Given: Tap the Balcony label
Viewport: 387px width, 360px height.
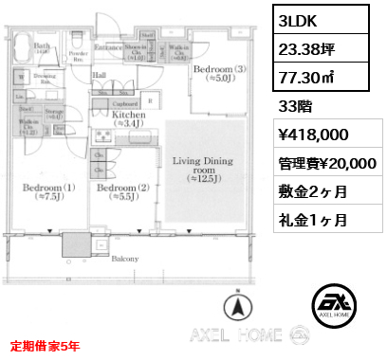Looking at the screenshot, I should (x=123, y=258).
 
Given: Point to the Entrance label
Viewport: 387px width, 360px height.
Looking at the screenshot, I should (x=108, y=46).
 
